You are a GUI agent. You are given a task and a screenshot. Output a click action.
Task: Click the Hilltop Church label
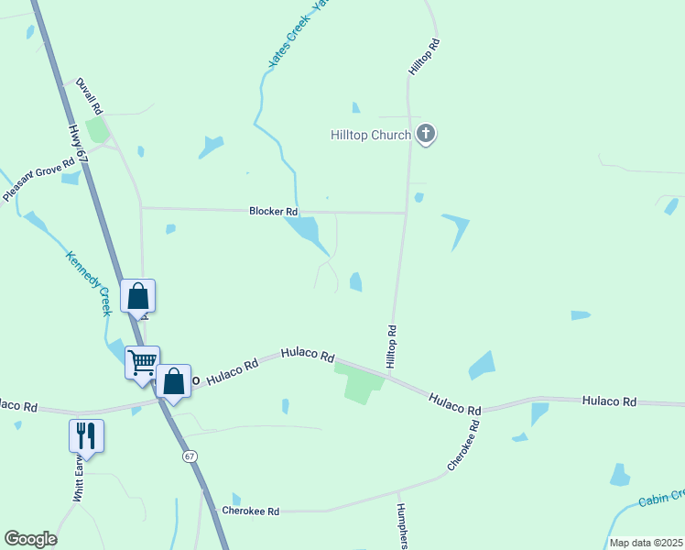coord(370,135)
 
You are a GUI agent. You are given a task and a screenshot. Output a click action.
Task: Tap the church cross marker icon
coord(425,134)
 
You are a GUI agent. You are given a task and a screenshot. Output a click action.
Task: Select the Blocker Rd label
coord(274,212)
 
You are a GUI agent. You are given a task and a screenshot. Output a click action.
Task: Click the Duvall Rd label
coord(89,95)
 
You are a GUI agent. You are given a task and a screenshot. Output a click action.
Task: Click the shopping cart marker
coord(142,362)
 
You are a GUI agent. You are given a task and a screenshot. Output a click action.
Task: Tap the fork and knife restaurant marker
coord(86,435)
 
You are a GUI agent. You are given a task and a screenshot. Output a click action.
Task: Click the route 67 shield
coord(190,456)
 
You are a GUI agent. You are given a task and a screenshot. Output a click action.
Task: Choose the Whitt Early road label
coord(80,481)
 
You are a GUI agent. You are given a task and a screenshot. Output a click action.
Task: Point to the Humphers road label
coord(402,526)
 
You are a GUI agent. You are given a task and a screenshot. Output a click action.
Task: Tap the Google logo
coord(30,539)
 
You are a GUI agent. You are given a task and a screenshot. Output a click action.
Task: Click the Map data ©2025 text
coord(646,543)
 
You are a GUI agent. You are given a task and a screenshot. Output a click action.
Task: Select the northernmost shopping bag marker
coord(137,296)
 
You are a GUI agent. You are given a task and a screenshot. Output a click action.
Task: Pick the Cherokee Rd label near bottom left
coord(250,511)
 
